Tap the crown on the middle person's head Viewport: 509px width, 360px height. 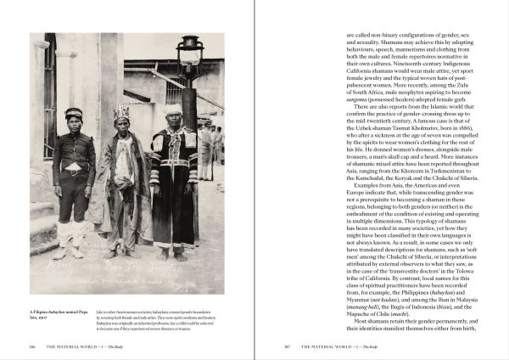(x=120, y=111)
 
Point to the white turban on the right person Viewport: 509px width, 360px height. (x=174, y=110)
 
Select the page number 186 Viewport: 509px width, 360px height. (x=33, y=346)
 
